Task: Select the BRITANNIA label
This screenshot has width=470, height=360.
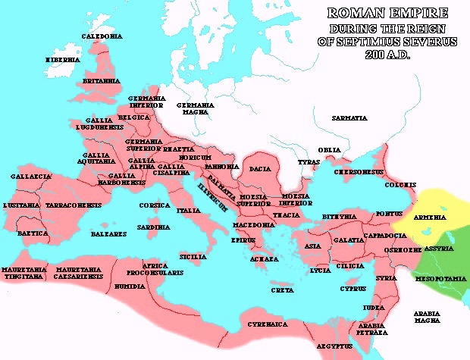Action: click(x=102, y=80)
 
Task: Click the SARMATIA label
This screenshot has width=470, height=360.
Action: click(x=349, y=118)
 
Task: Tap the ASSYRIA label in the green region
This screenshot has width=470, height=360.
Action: click(x=440, y=249)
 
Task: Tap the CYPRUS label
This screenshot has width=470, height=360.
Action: click(x=352, y=288)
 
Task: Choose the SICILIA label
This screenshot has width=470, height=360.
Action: click(x=193, y=257)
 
